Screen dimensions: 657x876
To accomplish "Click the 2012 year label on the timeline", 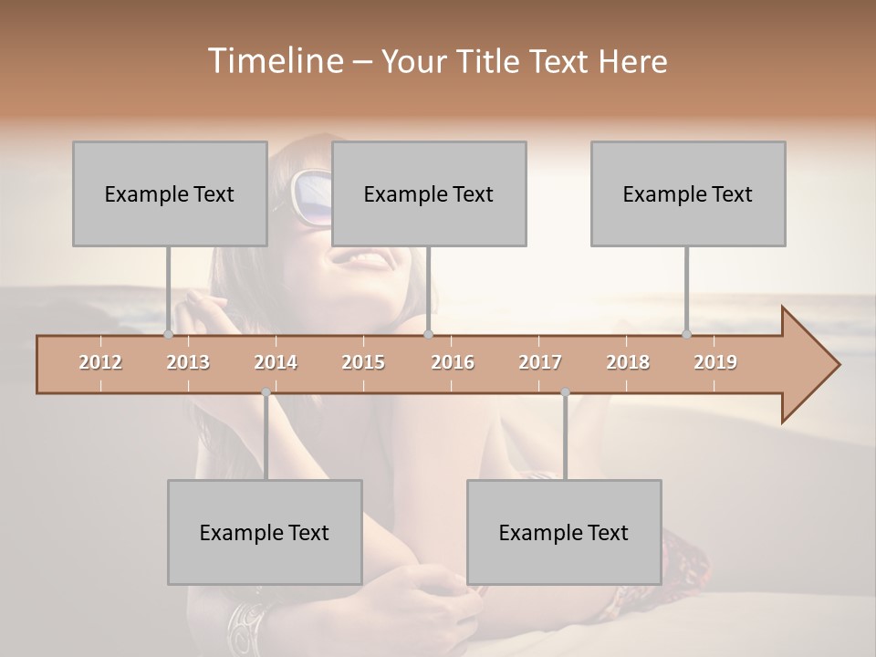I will point(100,362).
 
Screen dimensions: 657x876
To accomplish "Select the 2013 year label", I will point(188,362).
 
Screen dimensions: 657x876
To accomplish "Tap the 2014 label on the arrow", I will point(276,362).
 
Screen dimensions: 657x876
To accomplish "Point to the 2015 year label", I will point(363,362).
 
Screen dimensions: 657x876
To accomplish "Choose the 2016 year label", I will point(453,362).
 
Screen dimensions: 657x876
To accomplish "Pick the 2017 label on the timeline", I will point(540,362).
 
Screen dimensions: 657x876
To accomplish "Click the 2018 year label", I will point(628,362).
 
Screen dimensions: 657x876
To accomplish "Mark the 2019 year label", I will point(715,362).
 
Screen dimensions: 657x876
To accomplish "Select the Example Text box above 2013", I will point(170,193).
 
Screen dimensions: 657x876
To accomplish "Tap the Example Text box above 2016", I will point(429,193).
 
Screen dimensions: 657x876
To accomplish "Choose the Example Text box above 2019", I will point(688,193).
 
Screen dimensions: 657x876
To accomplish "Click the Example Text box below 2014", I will point(265,532).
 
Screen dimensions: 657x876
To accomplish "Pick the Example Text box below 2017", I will point(564,532).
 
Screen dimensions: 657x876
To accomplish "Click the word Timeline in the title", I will point(274,61).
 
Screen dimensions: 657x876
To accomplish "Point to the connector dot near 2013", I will point(168,334).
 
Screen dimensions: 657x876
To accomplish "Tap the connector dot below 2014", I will point(266,392).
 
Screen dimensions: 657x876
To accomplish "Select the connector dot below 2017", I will point(565,392).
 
